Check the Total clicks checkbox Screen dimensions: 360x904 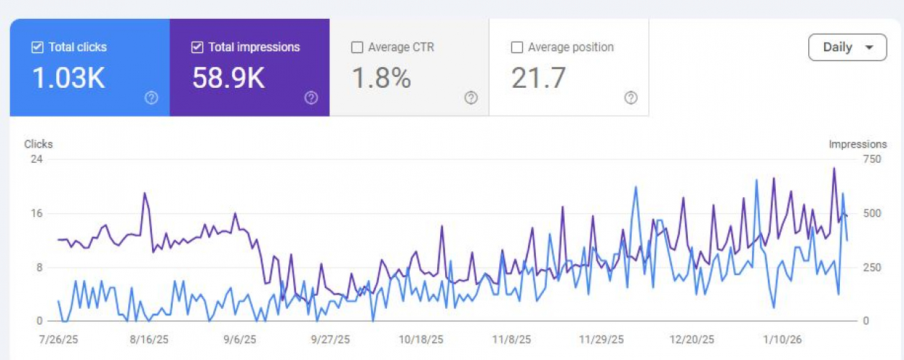pyautogui.click(x=37, y=48)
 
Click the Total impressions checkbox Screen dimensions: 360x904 pyautogui.click(x=197, y=48)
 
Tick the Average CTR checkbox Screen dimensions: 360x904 pyautogui.click(x=357, y=48)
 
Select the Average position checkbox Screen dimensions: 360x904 pyautogui.click(x=516, y=48)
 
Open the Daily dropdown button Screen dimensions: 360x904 pyautogui.click(x=847, y=48)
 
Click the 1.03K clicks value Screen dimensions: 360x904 pyautogui.click(x=68, y=78)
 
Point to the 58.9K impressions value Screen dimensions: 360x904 pyautogui.click(x=228, y=78)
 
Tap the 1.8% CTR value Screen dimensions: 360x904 pyautogui.click(x=381, y=78)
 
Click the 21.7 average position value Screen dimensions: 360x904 pyautogui.click(x=538, y=78)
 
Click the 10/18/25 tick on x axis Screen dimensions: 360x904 pyautogui.click(x=420, y=339)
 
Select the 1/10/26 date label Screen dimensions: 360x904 pyautogui.click(x=782, y=339)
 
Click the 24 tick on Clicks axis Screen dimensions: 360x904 pyautogui.click(x=36, y=158)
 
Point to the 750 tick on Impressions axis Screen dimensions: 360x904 pyautogui.click(x=872, y=158)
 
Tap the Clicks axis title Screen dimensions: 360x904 pyautogui.click(x=38, y=144)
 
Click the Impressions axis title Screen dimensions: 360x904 pyautogui.click(x=857, y=144)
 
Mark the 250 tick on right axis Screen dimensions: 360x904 pyautogui.click(x=872, y=267)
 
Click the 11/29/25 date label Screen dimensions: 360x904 pyautogui.click(x=601, y=339)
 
